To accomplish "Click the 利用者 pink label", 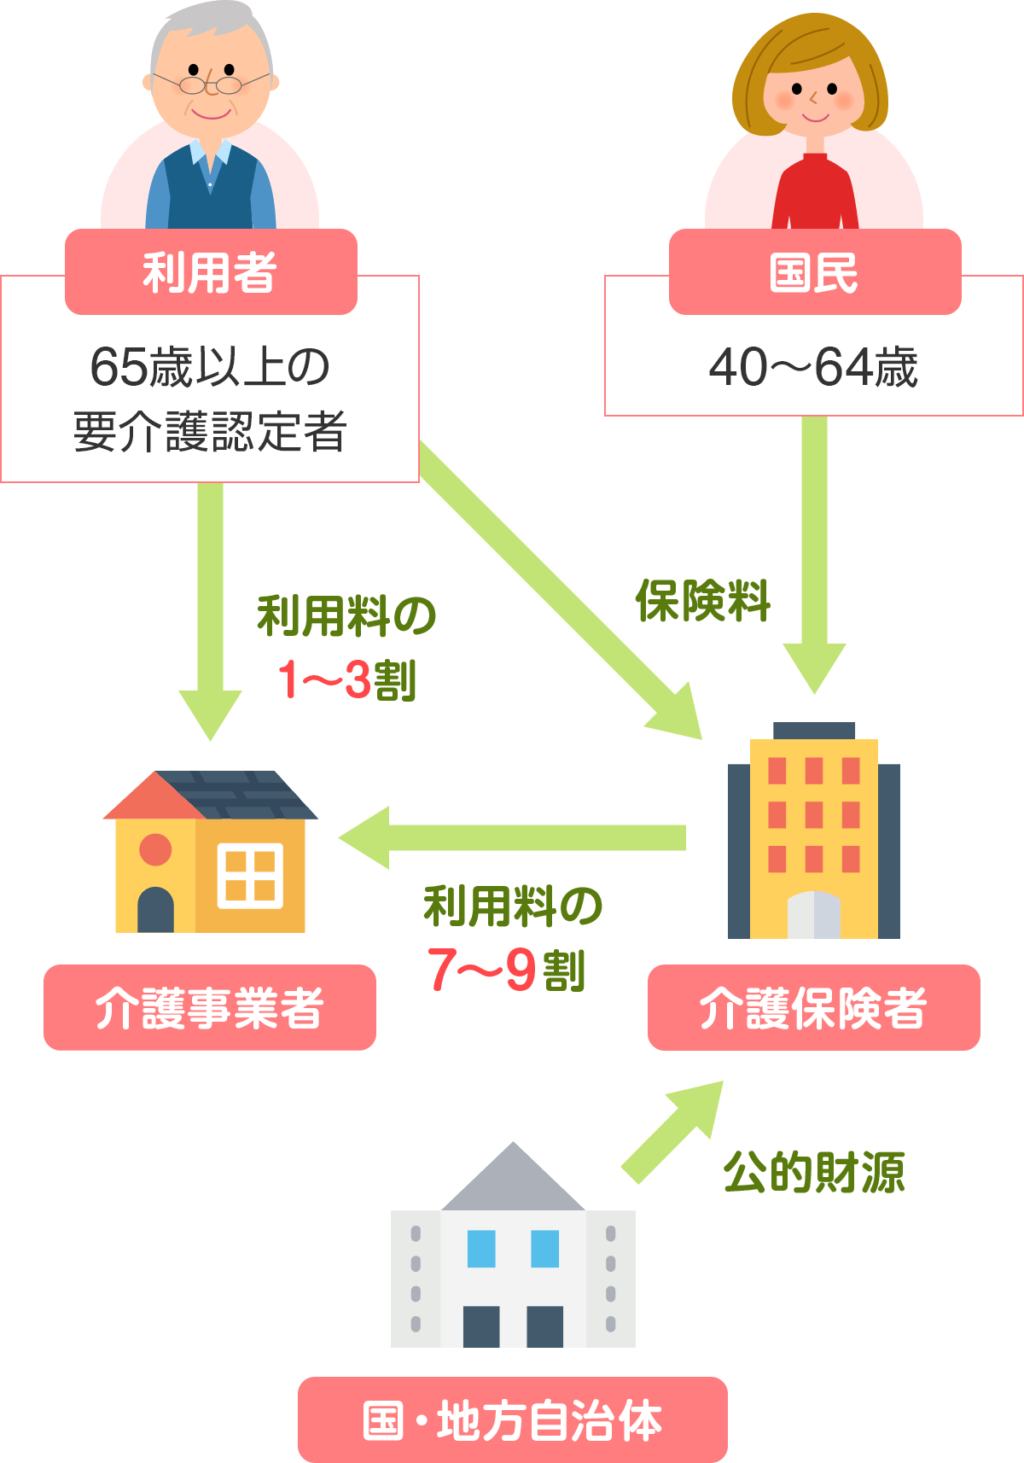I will pos(211,272).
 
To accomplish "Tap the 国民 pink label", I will pos(814,272).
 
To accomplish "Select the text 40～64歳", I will pos(813,368).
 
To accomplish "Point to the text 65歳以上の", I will pos(210,367).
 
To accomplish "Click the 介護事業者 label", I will pos(210,1007).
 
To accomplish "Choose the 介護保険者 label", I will pos(813,1007).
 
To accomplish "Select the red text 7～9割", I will pos(507,970).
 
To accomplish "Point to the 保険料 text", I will pos(702,601).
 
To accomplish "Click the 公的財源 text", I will pos(813,1172).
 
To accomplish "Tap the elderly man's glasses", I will pos(211,85).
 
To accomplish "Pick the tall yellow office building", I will pos(813,832).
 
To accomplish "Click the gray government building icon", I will pos(513,1255).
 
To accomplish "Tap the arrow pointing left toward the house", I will pos(512,837).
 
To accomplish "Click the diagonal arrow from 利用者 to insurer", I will pos(559,589).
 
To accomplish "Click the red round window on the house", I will pos(155,849).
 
